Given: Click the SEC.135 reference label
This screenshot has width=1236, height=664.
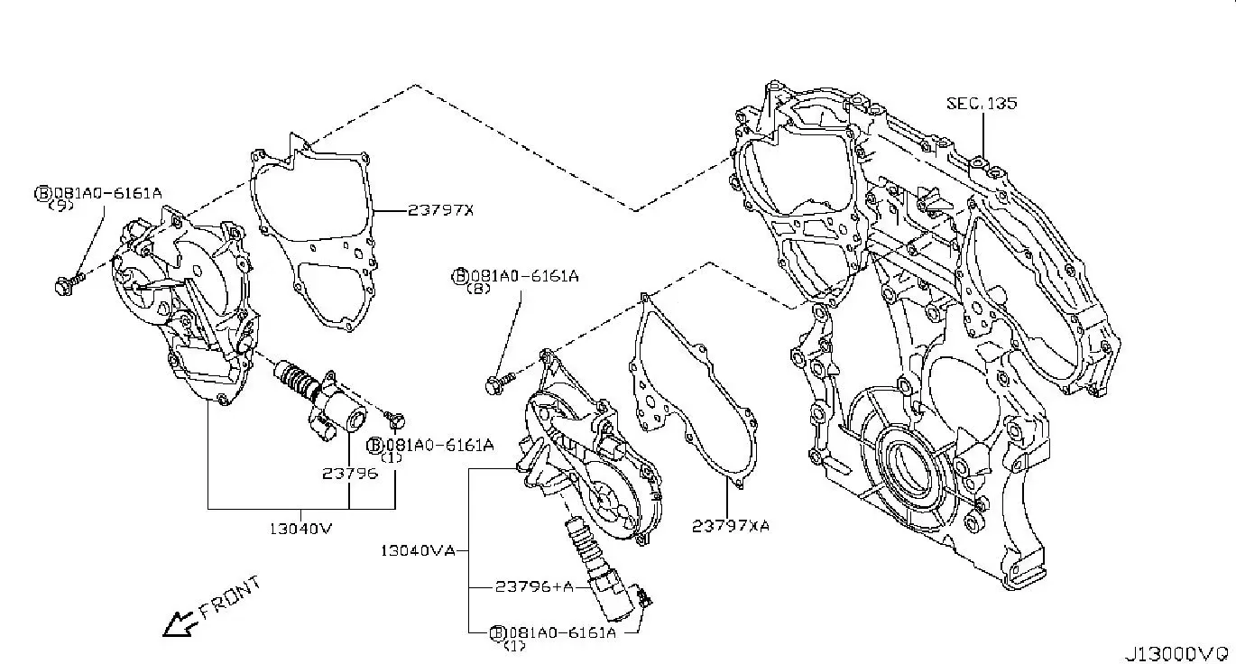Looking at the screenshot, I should [x=981, y=103].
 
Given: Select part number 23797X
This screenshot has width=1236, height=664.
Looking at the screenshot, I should [x=440, y=210].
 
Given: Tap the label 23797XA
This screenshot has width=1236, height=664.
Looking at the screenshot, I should [x=731, y=525].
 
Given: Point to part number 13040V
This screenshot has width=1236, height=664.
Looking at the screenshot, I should [x=300, y=529].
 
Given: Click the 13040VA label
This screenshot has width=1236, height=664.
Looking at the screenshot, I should [x=417, y=549].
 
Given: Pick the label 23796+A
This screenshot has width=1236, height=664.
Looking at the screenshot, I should [x=533, y=586].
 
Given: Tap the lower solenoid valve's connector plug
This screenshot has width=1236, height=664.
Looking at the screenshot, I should [x=642, y=595].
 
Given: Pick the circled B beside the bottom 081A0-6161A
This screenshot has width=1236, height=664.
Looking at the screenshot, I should [x=496, y=632].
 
